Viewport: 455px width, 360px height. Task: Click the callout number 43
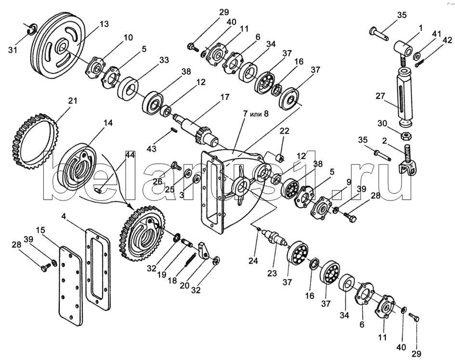tap(152, 149)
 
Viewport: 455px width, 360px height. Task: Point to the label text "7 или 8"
tap(256, 113)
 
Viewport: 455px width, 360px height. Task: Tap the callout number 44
tap(130, 155)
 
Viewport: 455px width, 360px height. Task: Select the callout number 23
tap(272, 273)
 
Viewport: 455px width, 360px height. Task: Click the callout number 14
tap(108, 123)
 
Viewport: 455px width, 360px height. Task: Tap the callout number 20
tap(184, 286)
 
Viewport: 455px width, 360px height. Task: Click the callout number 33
tap(164, 60)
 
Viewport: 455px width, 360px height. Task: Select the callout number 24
tap(253, 261)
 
